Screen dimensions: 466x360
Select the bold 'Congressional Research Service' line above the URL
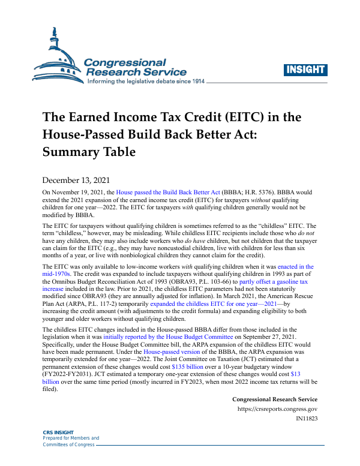(274, 399)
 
